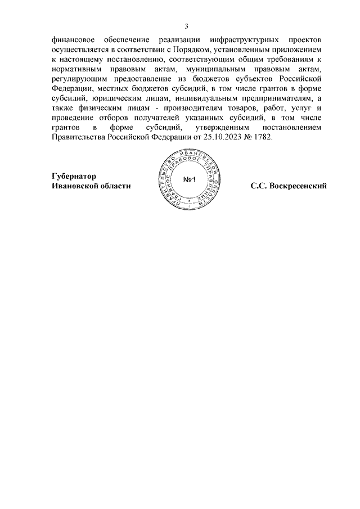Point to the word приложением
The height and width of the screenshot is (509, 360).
point(296,51)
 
